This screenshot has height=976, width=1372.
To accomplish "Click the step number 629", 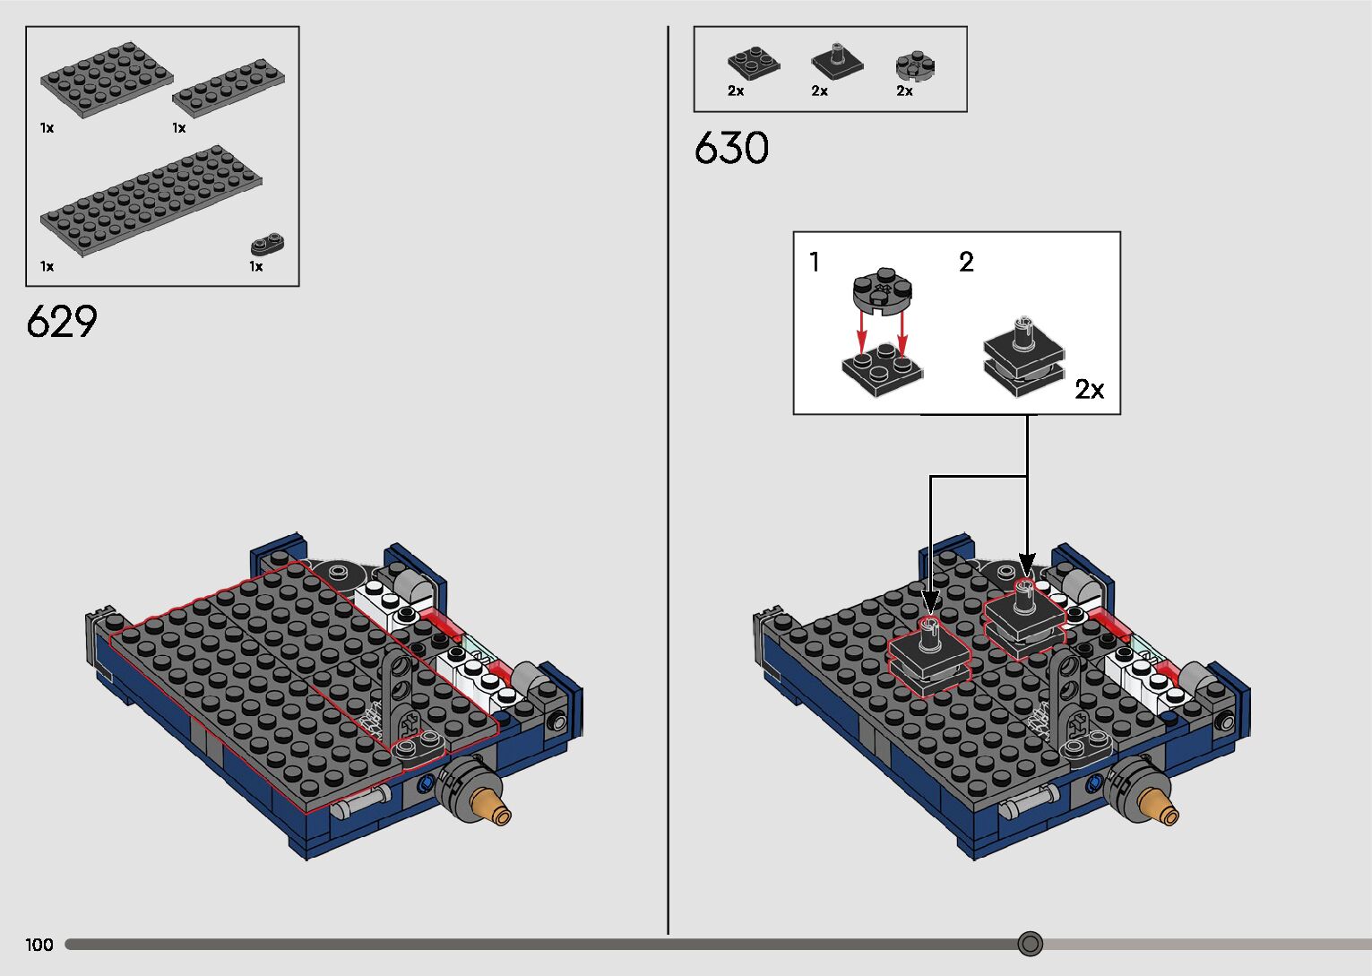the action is tap(62, 321).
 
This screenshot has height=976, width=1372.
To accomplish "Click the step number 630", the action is tap(731, 148).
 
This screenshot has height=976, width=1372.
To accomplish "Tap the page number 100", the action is tap(39, 945).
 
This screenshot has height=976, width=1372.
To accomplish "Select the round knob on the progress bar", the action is tap(1031, 944).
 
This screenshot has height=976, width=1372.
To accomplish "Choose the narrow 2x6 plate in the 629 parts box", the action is tap(229, 88).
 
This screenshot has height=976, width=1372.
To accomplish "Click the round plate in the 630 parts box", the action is tap(915, 65).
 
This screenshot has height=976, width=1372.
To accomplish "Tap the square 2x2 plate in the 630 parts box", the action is tap(754, 63).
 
